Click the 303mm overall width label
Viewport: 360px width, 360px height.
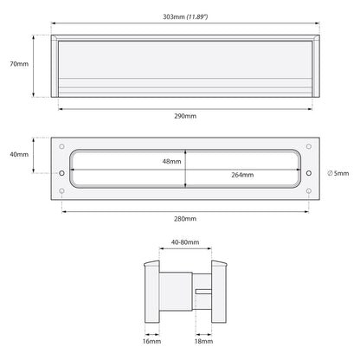pos(174,16)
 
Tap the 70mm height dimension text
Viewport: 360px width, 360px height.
pos(19,64)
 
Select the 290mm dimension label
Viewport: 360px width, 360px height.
pos(185,116)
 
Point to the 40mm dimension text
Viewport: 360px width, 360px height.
pos(19,154)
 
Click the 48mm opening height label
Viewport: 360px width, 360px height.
pos(171,162)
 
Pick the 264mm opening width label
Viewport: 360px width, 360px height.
pos(242,175)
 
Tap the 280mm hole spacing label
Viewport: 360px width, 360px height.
pos(185,219)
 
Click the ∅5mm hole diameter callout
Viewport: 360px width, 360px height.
pos(338,173)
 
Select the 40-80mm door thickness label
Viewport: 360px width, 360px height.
pos(185,242)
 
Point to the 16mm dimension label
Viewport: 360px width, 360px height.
pos(151,342)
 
